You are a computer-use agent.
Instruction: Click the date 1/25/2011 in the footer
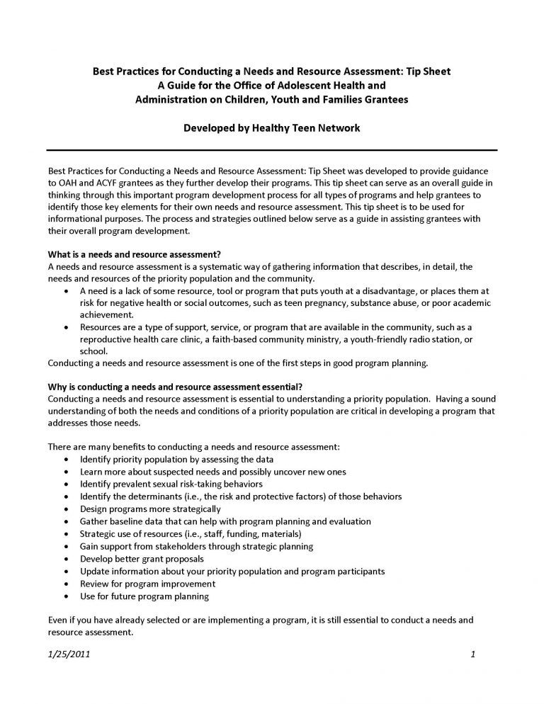click(68, 655)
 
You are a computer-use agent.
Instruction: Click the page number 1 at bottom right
click(472, 655)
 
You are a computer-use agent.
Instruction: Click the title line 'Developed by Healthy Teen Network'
click(271, 130)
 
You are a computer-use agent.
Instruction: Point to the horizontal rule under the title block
click(271, 150)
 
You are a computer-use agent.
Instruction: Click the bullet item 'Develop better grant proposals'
click(142, 559)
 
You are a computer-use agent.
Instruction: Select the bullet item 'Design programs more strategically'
click(150, 509)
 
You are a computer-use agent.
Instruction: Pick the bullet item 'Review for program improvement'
click(147, 584)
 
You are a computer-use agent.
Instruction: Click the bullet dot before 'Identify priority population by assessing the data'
click(66, 459)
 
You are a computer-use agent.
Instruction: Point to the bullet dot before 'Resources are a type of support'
click(66, 327)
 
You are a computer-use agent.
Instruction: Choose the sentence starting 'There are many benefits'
click(193, 447)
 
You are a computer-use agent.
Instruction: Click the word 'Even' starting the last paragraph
click(58, 620)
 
